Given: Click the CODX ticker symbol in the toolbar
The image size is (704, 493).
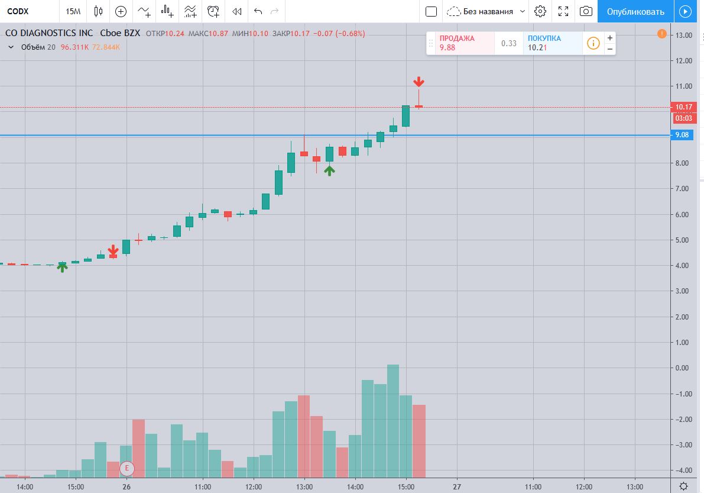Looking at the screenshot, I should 18,11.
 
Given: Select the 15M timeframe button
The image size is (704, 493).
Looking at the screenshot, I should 73,11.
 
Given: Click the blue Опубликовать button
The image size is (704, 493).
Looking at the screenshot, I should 635,11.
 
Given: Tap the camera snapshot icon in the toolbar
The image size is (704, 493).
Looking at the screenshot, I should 586,11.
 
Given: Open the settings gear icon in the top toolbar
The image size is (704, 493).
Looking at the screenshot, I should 540,11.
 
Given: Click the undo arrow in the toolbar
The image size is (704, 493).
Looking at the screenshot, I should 258,11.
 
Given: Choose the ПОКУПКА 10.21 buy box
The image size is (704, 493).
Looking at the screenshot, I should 552,43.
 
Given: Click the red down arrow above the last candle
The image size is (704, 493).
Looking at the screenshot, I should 418,82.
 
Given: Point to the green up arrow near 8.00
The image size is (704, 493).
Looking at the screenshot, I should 329,170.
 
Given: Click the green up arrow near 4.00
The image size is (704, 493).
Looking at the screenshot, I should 62,267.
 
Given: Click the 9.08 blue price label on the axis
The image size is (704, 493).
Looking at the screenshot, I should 682,136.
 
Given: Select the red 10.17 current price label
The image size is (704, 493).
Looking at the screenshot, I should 684,107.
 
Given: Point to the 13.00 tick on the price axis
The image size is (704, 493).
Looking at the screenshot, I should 684,35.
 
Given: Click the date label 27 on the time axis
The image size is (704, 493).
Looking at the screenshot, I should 456,486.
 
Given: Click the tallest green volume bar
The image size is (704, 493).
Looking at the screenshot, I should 393,420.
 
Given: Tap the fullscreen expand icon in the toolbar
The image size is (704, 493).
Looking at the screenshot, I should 563,11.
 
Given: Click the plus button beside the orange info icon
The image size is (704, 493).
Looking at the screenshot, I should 609,38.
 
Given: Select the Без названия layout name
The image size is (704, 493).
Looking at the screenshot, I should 488,11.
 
